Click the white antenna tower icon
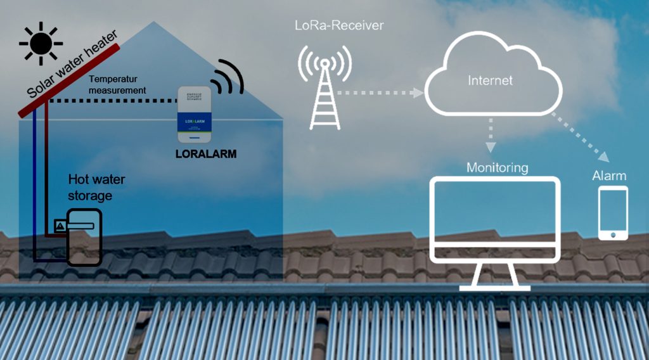point(324,89)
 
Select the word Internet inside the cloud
point(490,80)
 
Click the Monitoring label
point(497,168)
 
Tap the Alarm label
point(609,176)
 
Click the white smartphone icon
point(613,213)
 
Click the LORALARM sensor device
point(194,115)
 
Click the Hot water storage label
point(96,187)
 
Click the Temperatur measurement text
point(118,85)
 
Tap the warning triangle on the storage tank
point(60,225)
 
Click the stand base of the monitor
point(495,286)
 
